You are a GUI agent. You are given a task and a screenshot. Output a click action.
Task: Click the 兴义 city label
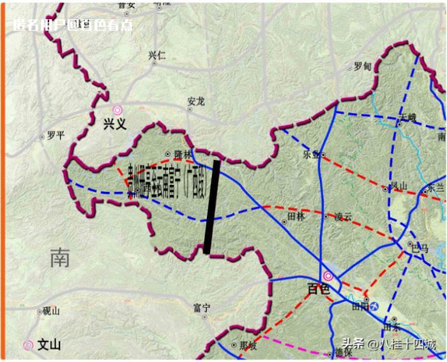click(115, 124)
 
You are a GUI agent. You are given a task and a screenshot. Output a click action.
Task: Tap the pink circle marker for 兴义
click(117, 110)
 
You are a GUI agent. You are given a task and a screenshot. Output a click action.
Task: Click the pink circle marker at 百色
click(328, 276)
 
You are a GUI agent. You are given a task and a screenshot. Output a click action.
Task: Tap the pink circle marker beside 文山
click(28, 345)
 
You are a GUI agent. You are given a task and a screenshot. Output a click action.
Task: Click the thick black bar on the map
click(212, 207)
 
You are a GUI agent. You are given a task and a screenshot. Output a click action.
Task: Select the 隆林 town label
click(183, 154)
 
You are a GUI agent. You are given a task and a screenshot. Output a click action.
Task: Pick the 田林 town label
click(298, 216)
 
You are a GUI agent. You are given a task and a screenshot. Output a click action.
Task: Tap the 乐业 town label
click(311, 154)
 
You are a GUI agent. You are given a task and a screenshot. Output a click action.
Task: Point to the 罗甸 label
click(362, 66)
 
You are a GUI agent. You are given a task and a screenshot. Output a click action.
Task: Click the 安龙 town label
click(196, 101)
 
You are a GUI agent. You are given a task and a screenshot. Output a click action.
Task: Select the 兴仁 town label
click(157, 55)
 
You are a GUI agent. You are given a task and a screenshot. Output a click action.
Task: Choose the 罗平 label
click(56, 136)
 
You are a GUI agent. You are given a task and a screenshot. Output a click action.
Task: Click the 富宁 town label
click(202, 308)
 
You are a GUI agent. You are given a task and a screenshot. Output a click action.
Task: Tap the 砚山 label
click(51, 311)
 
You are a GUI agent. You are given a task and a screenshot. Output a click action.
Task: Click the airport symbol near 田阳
click(376, 307)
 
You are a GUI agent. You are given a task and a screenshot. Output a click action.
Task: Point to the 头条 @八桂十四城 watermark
click(388, 345)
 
